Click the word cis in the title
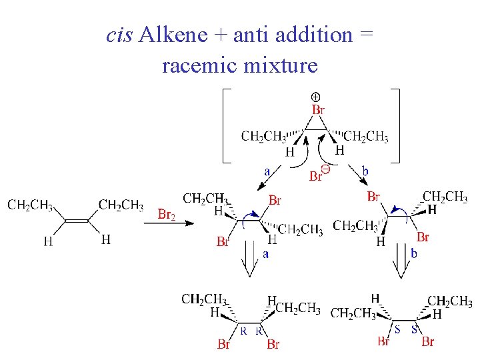[119, 35]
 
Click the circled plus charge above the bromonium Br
[315, 97]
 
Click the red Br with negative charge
[319, 175]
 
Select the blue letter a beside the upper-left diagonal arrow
[267, 171]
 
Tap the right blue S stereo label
[415, 328]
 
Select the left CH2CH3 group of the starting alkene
[29, 205]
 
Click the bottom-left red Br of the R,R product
[224, 345]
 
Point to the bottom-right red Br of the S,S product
[427, 342]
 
